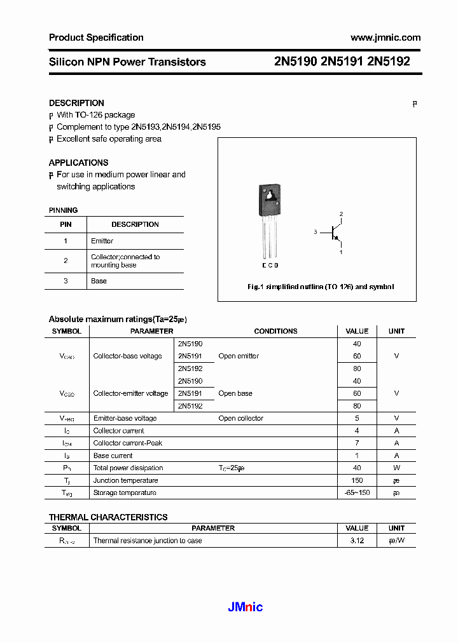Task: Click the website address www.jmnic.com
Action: [385, 37]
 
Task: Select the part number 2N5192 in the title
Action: [389, 62]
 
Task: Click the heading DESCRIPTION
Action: [76, 103]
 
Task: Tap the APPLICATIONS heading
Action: [78, 163]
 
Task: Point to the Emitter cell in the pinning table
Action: [102, 241]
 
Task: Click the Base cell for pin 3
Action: [99, 281]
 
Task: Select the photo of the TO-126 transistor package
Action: [270, 222]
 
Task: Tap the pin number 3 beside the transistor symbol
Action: [315, 233]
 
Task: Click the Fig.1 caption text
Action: [321, 287]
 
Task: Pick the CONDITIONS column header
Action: [275, 331]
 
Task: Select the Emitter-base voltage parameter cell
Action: [125, 418]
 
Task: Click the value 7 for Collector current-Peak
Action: [357, 443]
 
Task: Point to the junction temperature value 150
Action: [357, 480]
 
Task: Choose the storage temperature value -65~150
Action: [357, 493]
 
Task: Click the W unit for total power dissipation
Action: [396, 468]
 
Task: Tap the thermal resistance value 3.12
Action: [357, 541]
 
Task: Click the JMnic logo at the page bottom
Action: [245, 607]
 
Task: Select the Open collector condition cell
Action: [240, 418]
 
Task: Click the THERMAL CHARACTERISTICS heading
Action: [108, 517]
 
